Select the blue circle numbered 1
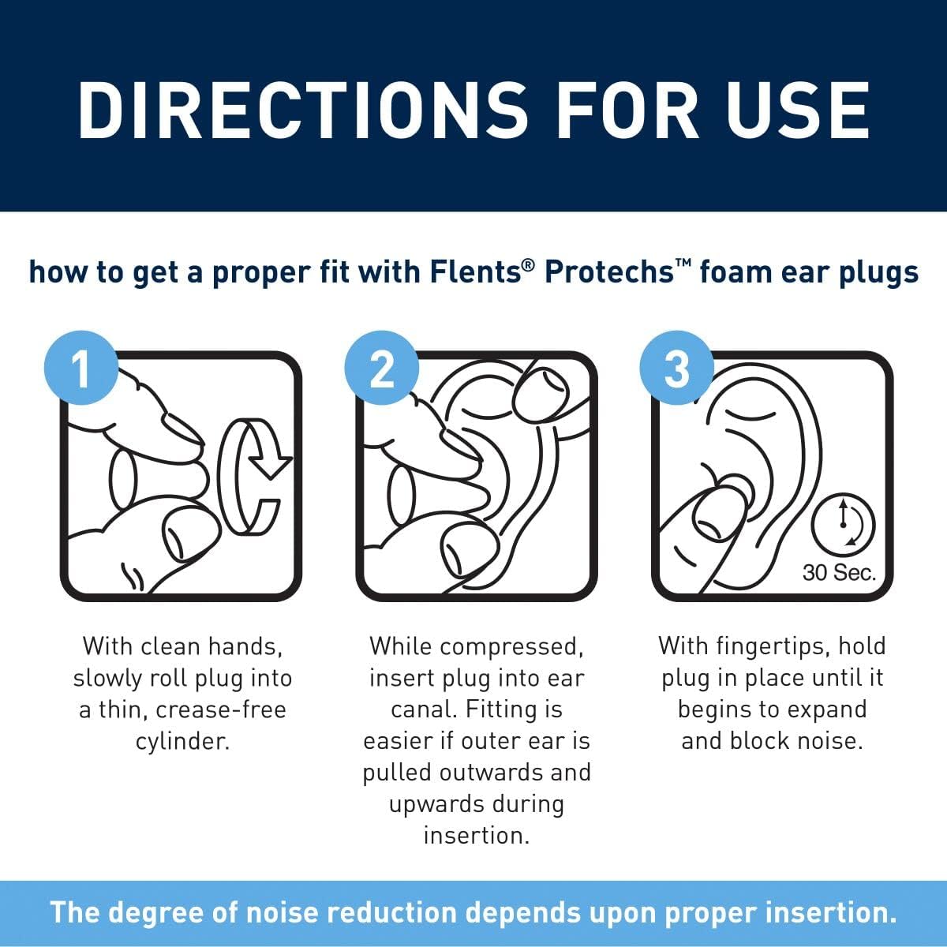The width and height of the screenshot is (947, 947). click(81, 369)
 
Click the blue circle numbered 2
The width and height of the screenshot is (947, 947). click(381, 369)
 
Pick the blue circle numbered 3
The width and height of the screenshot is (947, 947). click(677, 369)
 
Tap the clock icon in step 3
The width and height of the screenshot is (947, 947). click(844, 522)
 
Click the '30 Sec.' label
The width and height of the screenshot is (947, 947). click(839, 572)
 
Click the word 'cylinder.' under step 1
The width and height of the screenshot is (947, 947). click(182, 742)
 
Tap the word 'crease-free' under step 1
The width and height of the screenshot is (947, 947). click(221, 710)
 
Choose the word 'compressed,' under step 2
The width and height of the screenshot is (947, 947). click(512, 647)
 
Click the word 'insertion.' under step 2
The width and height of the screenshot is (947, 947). click(476, 836)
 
